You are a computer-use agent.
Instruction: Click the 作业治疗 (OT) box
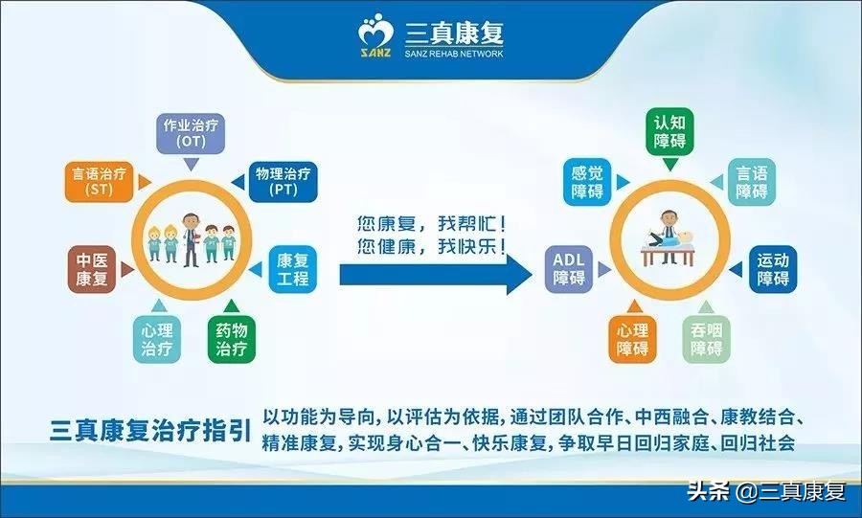tap(190, 132)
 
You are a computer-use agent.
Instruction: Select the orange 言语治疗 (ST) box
tap(100, 182)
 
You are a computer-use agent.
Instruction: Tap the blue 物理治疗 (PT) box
tap(283, 182)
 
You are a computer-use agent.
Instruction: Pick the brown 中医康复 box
tap(93, 268)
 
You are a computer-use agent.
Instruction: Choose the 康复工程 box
tap(292, 269)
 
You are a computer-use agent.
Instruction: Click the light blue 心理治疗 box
tap(156, 339)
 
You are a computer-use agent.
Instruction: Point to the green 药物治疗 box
tap(231, 339)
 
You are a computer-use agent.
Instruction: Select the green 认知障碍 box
tap(669, 132)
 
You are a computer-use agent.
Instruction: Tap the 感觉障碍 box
tap(587, 182)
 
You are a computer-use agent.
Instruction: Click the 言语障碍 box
tap(752, 182)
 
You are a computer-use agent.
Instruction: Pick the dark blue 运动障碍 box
tap(773, 269)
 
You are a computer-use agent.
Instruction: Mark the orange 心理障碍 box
tap(631, 339)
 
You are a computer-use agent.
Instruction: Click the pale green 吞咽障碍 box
tap(707, 339)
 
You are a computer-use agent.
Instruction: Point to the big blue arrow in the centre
tap(436, 275)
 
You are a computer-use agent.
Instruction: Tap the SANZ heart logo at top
tap(375, 37)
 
